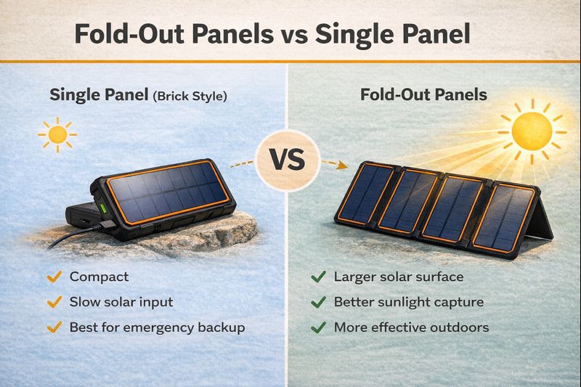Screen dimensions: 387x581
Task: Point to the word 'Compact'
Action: [99, 277]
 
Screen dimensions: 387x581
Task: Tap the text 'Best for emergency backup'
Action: [157, 327]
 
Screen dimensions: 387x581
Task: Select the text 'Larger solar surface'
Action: [398, 277]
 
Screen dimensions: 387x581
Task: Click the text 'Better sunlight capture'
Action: [408, 302]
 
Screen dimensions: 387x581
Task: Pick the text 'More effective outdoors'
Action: [411, 327]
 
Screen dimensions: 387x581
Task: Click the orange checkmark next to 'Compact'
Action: [53, 277]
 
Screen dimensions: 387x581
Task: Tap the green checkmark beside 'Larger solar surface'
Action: [317, 277]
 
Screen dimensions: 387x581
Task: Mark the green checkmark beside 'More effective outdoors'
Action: [317, 327]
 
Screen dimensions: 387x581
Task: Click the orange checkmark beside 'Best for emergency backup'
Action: [53, 327]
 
